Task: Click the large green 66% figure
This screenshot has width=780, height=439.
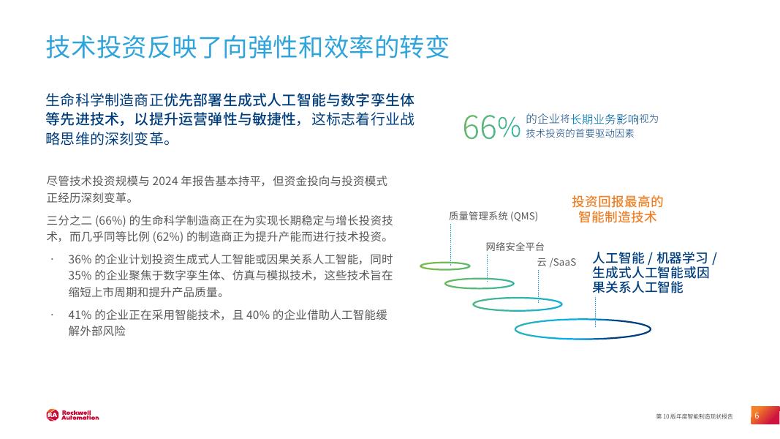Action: pos(491,127)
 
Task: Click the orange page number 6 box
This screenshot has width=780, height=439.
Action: pos(757,416)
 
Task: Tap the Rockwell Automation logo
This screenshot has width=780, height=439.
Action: pos(72,415)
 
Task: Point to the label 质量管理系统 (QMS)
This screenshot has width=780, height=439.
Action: pos(493,215)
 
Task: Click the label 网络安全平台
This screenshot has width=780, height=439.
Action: pos(515,247)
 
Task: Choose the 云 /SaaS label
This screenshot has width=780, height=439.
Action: pos(556,262)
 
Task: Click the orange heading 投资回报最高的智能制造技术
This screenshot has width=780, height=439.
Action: pos(617,209)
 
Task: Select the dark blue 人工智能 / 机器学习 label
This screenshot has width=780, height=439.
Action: pos(654,258)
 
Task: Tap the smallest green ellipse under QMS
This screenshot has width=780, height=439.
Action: pos(445,266)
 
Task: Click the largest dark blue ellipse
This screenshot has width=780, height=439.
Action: pos(583,329)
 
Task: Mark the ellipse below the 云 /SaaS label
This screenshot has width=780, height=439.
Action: pos(526,303)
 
